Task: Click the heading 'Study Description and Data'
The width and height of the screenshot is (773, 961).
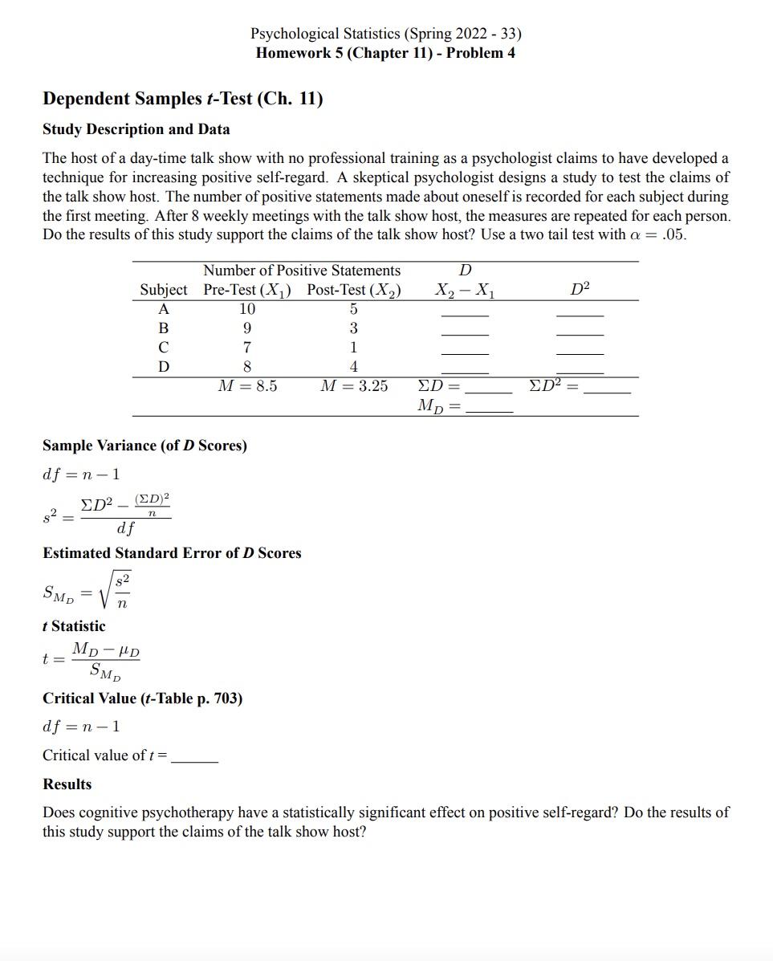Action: click(136, 129)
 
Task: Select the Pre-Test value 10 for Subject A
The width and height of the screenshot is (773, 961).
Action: click(247, 309)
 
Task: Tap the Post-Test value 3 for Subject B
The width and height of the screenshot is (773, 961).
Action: click(353, 328)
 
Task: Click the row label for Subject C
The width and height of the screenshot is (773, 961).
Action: click(164, 348)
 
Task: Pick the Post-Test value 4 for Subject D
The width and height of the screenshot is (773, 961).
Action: click(353, 367)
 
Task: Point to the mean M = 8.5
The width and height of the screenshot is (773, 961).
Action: click(247, 386)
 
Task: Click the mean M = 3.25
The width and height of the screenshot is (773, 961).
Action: click(353, 386)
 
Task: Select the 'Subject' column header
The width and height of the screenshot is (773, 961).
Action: click(164, 290)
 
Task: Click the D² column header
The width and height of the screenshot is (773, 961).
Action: click(580, 290)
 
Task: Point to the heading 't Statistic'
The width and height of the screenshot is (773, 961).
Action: click(74, 626)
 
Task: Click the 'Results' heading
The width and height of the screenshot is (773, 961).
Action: click(67, 784)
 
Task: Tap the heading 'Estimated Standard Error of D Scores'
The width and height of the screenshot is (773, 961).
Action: click(172, 553)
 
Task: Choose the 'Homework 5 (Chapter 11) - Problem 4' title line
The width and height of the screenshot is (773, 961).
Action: click(385, 53)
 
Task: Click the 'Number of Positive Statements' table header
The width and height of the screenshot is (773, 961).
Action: click(302, 271)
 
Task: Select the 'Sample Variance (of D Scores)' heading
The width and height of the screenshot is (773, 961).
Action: click(144, 446)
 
